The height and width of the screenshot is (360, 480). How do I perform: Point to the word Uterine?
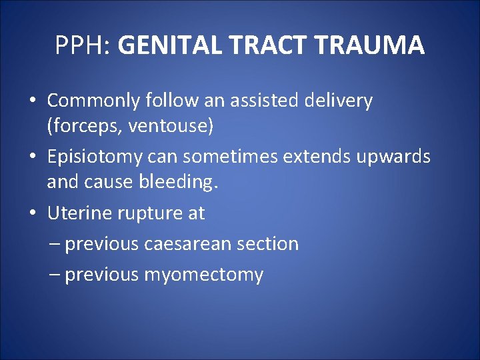point(81,213)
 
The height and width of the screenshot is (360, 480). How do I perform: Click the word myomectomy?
point(203,275)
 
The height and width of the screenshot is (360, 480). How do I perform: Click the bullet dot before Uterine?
point(33,214)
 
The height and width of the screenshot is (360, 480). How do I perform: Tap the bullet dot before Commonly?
point(33,101)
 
